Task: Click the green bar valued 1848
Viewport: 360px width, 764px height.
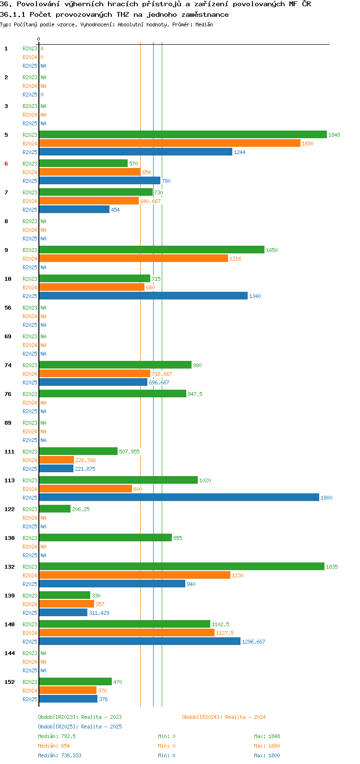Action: click(x=183, y=134)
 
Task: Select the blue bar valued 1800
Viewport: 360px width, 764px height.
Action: click(x=179, y=497)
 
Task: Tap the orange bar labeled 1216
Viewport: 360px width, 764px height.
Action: click(x=133, y=258)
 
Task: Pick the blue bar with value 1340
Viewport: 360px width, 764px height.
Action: click(x=144, y=296)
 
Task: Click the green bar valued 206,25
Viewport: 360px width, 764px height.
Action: click(x=55, y=509)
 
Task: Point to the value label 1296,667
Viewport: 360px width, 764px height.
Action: click(x=253, y=642)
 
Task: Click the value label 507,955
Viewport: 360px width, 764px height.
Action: click(x=129, y=452)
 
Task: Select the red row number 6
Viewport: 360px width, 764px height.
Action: click(x=6, y=164)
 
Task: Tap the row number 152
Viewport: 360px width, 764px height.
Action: click(x=10, y=682)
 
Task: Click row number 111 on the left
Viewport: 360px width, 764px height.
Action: click(x=10, y=452)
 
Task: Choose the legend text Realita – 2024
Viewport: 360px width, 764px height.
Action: click(x=245, y=717)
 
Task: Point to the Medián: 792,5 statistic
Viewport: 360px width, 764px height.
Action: click(x=57, y=736)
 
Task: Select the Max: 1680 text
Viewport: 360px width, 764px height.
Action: click(x=267, y=746)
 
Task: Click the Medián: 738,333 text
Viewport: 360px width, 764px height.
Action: click(x=60, y=755)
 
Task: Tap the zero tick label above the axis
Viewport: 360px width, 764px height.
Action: click(x=38, y=39)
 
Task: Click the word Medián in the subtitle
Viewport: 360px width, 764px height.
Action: click(x=204, y=24)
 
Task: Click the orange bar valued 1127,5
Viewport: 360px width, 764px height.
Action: click(x=127, y=633)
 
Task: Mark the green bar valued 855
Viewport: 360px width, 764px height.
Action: click(x=106, y=537)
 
